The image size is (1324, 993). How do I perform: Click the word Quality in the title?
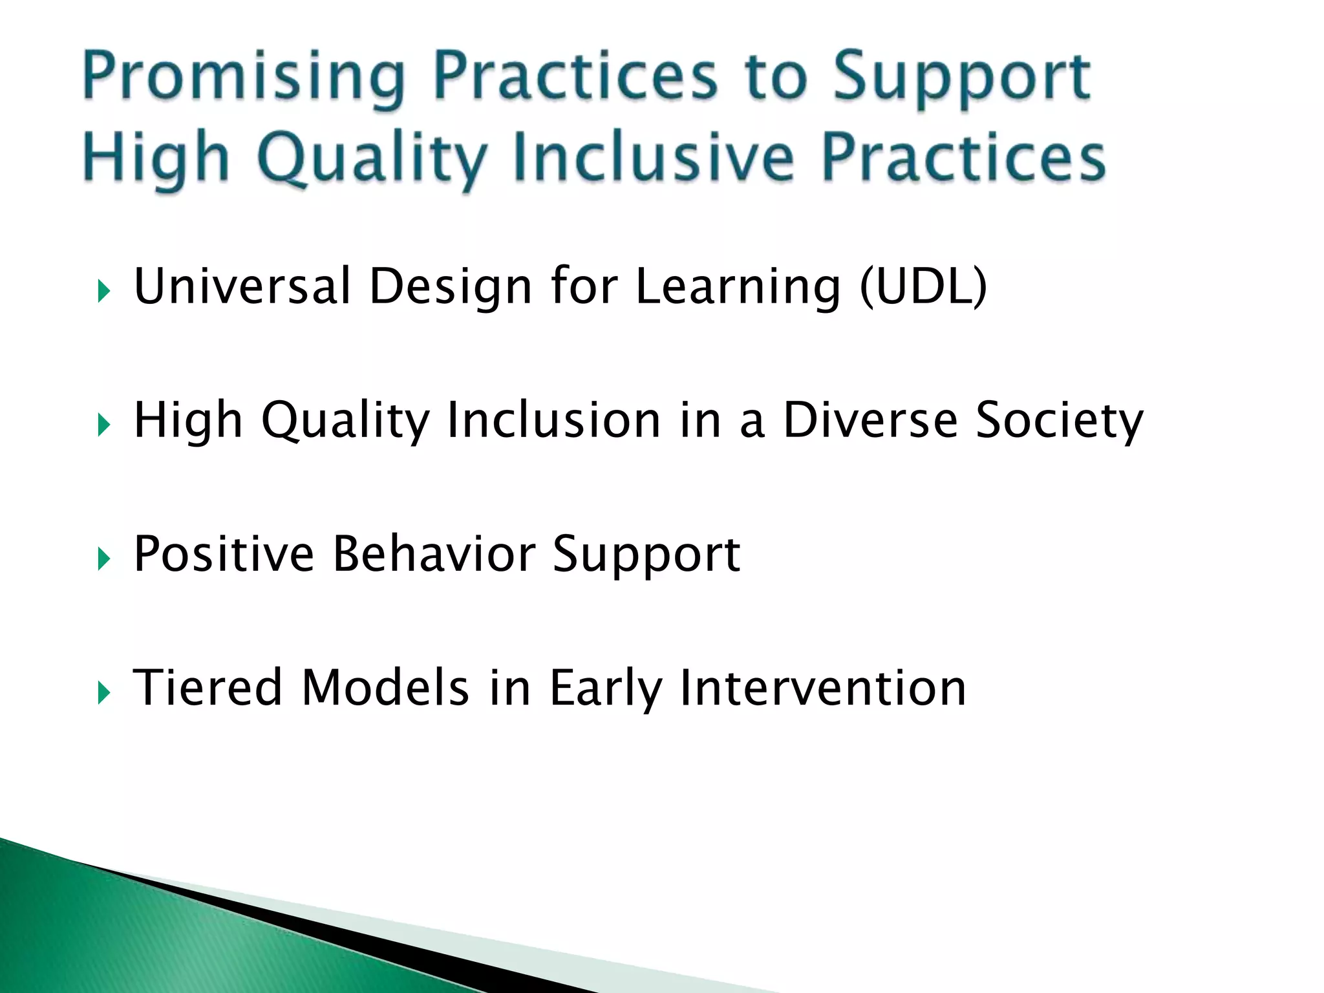point(372,158)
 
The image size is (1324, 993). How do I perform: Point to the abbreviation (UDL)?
point(923,286)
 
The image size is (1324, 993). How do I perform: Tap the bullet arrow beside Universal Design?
point(104,292)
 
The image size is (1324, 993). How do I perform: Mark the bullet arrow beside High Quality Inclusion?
point(104,425)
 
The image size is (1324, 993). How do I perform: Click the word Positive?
point(224,554)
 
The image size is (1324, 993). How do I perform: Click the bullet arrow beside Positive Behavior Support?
point(104,559)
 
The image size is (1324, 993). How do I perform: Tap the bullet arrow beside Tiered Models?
point(104,693)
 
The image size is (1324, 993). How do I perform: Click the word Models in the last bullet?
point(385,687)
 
